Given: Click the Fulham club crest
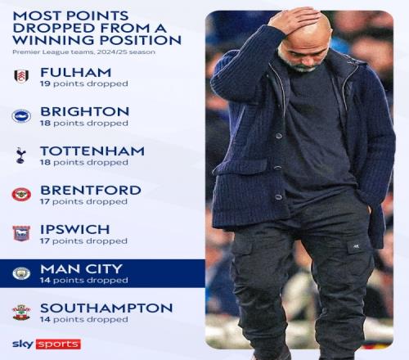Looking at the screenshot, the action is pos(21,76).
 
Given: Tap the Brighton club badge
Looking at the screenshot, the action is pos(21,116).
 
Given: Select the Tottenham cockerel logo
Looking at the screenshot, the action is pos(20,155).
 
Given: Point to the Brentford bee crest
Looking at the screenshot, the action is pos(21,195).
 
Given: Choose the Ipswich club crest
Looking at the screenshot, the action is pos(21,233).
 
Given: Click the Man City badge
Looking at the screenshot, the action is pos(21,273).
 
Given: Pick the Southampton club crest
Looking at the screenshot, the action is pos(21,313).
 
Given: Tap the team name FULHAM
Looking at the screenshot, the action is pos(76,73).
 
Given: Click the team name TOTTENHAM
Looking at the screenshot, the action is pos(92,151).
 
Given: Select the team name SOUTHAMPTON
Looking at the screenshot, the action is pos(106,308).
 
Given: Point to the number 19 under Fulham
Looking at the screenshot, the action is pos(45,83).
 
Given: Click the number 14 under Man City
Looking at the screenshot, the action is pos(45,280).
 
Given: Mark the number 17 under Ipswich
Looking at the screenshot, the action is pos(45,241).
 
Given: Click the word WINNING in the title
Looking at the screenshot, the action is pos(54,40).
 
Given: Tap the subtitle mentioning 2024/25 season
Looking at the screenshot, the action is pos(83,52).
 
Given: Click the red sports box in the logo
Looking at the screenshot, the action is pos(58,344).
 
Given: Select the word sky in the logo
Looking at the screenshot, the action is pos(24,344).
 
